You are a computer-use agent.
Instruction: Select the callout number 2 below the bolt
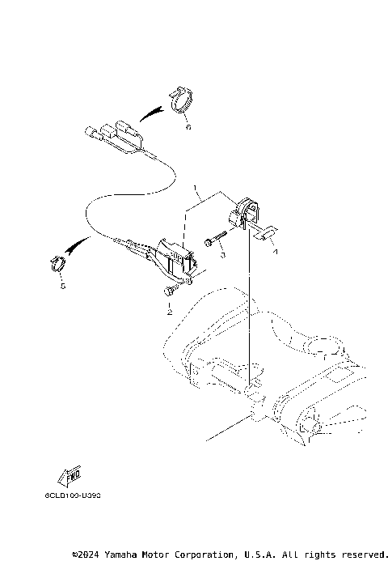coord(169,311)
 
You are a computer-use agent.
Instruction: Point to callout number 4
coord(275,252)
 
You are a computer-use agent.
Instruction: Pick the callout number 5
coord(59,286)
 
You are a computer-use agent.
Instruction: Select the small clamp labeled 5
coord(56,263)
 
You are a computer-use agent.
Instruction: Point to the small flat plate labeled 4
coord(265,235)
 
